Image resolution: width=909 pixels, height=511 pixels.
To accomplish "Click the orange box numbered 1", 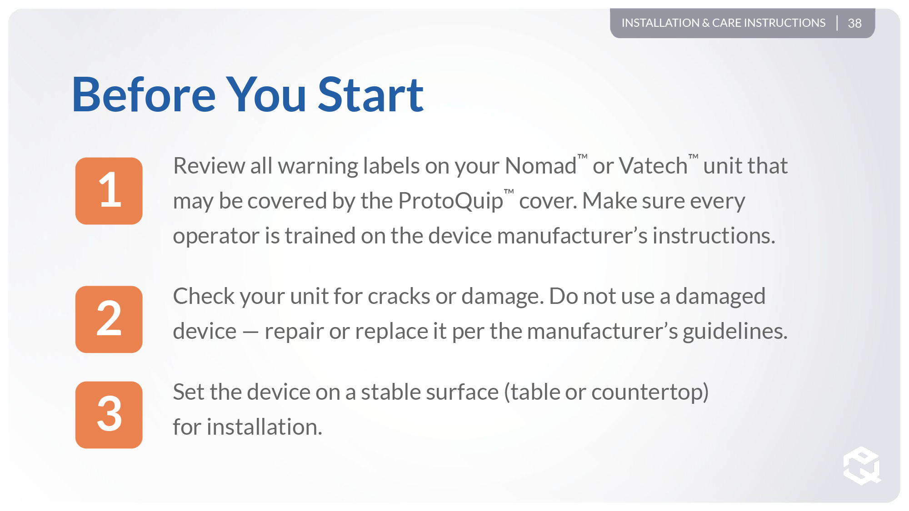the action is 109,191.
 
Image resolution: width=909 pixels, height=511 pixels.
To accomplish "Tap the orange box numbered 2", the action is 109,319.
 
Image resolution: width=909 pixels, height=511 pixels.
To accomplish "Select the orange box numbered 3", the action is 109,415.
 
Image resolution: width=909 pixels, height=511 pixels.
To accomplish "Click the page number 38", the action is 854,23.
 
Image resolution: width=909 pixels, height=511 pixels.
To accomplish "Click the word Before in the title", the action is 144,95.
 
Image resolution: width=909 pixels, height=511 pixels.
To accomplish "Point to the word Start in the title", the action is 370,95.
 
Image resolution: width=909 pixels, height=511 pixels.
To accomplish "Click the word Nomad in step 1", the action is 540,166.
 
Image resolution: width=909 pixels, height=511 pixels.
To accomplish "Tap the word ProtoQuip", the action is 450,202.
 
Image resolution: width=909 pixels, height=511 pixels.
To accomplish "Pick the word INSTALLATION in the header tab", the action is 660,23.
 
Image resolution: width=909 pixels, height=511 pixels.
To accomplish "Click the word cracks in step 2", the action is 399,297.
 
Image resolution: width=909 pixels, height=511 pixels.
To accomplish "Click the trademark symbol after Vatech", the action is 693,157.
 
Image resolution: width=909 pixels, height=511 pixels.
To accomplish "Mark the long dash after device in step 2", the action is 250,332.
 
